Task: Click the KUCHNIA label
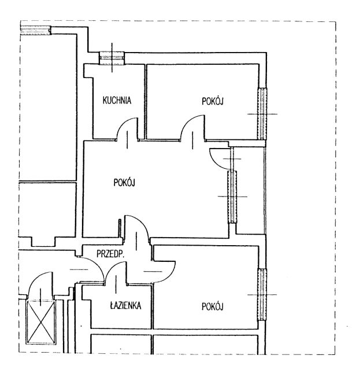117,101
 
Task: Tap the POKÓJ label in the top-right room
213,101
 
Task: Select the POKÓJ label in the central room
124,182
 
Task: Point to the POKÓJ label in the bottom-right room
213,306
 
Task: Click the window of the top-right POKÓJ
262,113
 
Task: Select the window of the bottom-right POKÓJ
262,294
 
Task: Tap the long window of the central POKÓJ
232,197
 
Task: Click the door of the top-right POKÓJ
192,128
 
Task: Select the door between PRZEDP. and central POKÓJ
137,229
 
